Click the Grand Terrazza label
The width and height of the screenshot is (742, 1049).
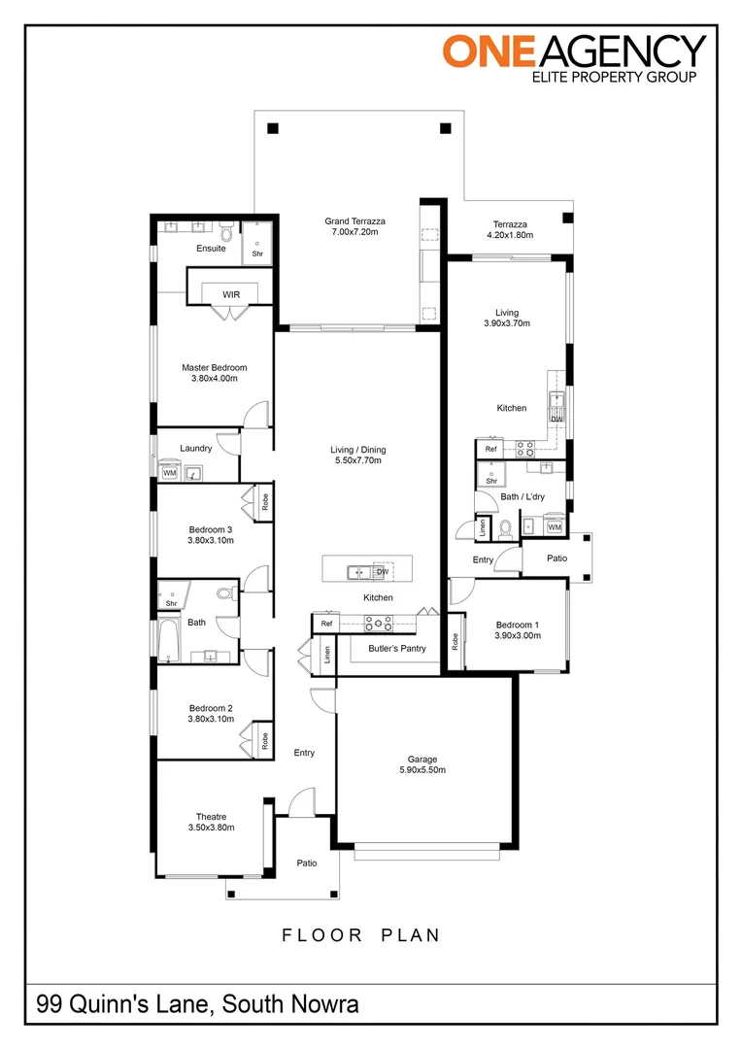[x=351, y=222]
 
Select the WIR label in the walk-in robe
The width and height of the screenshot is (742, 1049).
[x=231, y=294]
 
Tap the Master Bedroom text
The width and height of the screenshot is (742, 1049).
[x=214, y=368]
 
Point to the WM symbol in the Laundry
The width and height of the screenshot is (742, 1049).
[x=169, y=473]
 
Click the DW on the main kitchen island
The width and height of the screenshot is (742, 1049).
[x=382, y=572]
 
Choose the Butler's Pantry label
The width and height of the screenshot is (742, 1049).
[x=396, y=648]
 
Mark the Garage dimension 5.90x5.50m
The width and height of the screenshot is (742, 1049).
[x=422, y=770]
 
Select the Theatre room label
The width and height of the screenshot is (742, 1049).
[x=211, y=816]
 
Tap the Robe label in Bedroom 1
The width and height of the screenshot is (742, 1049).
[x=454, y=641]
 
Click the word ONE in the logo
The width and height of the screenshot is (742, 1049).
[x=485, y=51]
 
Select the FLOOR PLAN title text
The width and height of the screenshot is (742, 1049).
[x=361, y=935]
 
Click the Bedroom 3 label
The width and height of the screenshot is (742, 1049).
[x=211, y=529]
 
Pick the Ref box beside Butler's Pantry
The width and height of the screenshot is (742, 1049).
[x=326, y=624]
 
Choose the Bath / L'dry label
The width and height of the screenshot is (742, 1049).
[x=523, y=496]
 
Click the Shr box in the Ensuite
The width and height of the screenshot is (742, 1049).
[x=257, y=254]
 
